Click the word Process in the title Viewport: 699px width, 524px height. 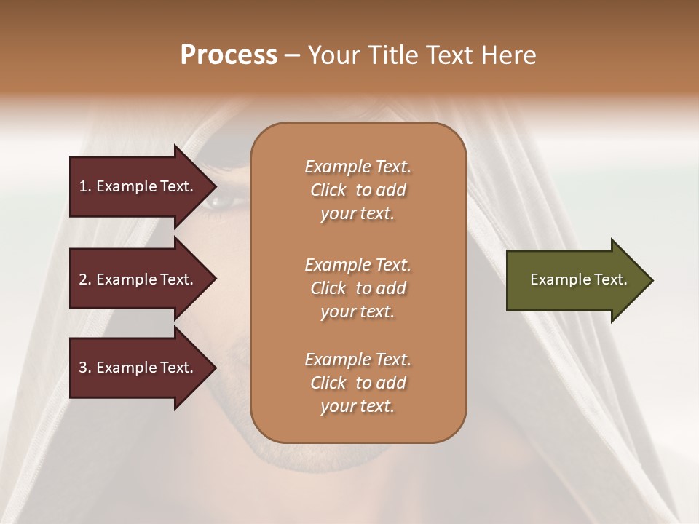(x=229, y=55)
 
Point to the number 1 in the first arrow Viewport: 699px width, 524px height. (x=83, y=186)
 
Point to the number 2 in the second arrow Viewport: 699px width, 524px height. (x=83, y=279)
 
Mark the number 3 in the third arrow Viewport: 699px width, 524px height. (x=83, y=368)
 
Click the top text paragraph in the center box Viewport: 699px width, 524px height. (x=358, y=190)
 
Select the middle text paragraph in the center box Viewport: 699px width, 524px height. (x=358, y=287)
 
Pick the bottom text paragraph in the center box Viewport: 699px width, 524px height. (x=358, y=383)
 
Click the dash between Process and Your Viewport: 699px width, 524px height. (x=292, y=56)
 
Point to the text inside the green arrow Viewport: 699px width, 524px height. (x=578, y=279)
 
